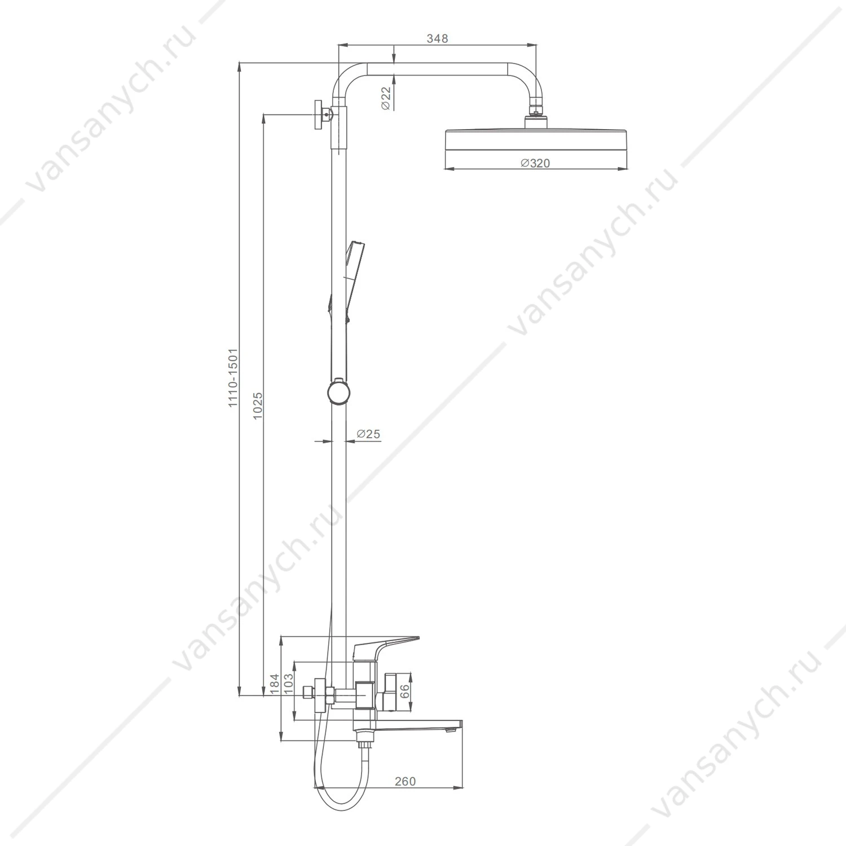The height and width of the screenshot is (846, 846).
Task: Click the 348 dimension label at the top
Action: click(x=437, y=38)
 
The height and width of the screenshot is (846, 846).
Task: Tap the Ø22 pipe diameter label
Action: click(x=386, y=98)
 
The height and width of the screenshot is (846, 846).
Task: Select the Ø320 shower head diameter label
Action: click(x=535, y=163)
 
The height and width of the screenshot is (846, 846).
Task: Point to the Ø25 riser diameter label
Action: click(x=368, y=434)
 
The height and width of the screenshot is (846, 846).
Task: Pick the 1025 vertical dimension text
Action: click(x=258, y=406)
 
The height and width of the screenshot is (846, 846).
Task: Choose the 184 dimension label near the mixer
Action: click(x=275, y=684)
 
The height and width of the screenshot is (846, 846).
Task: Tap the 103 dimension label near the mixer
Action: click(x=289, y=684)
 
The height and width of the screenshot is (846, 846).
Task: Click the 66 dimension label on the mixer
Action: click(x=404, y=692)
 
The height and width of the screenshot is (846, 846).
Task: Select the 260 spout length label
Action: click(x=405, y=781)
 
